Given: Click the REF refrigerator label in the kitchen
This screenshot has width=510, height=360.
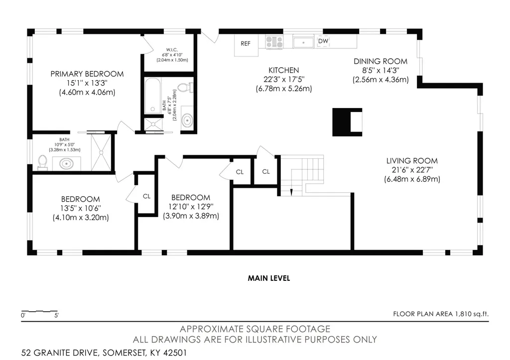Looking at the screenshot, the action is click(246, 44).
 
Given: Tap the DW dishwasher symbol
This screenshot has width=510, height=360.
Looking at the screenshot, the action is click(323, 41).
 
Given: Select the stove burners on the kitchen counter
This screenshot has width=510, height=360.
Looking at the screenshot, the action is click(274, 42).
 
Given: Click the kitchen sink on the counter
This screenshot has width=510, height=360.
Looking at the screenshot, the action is click(303, 42).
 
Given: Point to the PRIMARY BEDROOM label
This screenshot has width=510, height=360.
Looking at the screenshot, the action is click(87, 74).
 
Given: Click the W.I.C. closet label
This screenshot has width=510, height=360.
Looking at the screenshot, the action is click(172, 50).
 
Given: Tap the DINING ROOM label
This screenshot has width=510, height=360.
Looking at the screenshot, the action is click(381, 61).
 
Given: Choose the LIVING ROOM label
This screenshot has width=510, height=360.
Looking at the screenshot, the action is click(412, 161).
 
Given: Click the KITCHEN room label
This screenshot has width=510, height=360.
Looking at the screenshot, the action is click(283, 70).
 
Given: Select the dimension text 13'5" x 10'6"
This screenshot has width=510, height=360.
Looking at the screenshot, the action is click(81, 208).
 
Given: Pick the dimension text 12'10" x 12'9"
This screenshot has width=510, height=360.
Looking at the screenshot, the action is click(191, 207).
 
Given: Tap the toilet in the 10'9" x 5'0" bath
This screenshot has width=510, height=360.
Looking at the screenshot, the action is click(43, 162).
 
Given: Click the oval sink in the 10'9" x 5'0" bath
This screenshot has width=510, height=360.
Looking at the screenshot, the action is click(66, 163).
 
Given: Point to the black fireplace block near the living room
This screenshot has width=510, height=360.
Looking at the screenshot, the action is click(347, 122).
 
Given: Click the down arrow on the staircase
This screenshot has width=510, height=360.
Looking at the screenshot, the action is click(291, 192).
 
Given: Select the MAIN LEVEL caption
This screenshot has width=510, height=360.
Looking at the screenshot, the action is click(269, 278).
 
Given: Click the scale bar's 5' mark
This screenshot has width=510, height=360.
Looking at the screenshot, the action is click(56, 315).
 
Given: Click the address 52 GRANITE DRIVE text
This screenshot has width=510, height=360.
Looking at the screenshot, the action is click(60, 353).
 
